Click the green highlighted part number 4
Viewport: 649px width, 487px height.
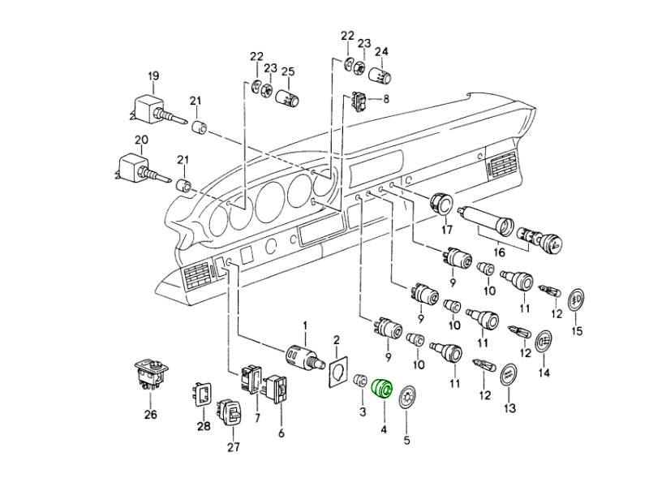click(381, 389)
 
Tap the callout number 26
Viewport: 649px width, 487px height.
click(151, 415)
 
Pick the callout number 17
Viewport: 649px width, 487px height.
click(446, 231)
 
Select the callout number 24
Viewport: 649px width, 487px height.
click(380, 52)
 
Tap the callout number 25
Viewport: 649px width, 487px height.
click(287, 71)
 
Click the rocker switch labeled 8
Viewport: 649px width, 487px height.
click(360, 101)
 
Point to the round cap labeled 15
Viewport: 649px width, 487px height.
click(578, 301)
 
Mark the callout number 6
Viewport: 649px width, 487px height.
click(282, 433)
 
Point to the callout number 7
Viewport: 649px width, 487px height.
click(257, 418)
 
